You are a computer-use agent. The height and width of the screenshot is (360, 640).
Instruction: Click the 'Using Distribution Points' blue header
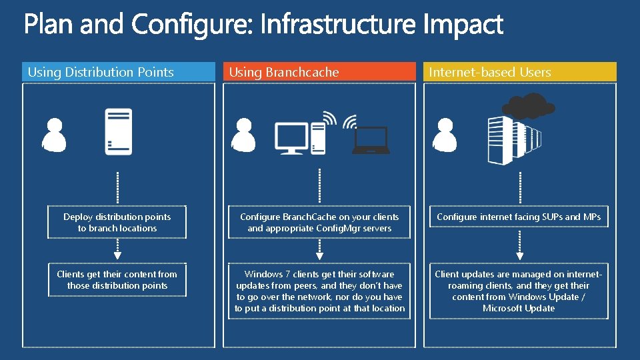pyautogui.click(x=118, y=72)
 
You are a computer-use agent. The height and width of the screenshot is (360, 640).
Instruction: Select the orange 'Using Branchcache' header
pyautogui.click(x=319, y=72)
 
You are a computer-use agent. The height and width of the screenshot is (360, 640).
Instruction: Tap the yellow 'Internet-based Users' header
pyautogui.click(x=519, y=72)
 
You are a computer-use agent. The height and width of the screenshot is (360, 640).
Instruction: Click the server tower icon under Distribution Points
pyautogui.click(x=118, y=131)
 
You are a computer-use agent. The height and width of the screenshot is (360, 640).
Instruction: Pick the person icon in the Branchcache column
pyautogui.click(x=243, y=135)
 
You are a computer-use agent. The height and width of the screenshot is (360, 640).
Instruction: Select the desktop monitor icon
pyautogui.click(x=291, y=138)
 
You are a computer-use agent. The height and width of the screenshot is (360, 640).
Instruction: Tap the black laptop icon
pyautogui.click(x=371, y=141)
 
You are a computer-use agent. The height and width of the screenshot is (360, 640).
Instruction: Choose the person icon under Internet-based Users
pyautogui.click(x=445, y=135)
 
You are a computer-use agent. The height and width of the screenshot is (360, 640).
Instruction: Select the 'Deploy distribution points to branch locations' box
pyautogui.click(x=117, y=223)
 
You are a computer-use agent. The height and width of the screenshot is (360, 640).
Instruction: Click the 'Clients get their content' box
pyautogui.click(x=117, y=280)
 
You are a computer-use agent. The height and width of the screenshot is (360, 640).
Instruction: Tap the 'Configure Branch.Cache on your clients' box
pyautogui.click(x=319, y=223)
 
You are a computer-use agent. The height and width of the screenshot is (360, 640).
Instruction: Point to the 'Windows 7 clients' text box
pyautogui.click(x=319, y=291)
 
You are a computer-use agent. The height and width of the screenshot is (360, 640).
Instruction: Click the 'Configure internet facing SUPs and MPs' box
pyautogui.click(x=519, y=217)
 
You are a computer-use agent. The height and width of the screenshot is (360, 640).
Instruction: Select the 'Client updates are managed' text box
pyautogui.click(x=519, y=291)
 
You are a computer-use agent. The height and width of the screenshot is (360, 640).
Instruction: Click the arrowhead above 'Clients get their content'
pyautogui.click(x=118, y=255)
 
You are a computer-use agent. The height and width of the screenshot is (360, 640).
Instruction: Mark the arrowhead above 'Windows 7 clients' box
pyautogui.click(x=319, y=255)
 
